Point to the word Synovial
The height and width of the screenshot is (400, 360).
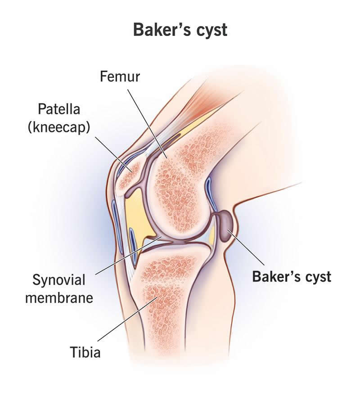click(58, 280)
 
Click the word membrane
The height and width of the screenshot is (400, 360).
click(59, 297)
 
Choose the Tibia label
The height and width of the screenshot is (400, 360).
click(85, 351)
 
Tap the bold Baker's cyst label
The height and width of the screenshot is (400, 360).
click(292, 276)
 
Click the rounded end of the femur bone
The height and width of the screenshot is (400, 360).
click(180, 198)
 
